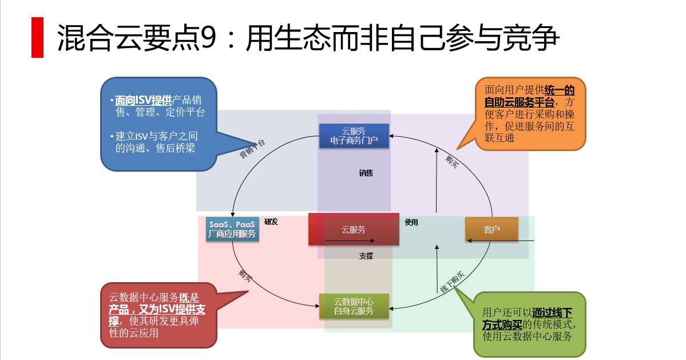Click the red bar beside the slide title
(37, 37)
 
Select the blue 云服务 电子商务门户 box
(354, 136)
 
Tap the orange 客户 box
(491, 230)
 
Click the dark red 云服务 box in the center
(354, 229)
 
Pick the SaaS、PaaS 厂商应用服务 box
(232, 229)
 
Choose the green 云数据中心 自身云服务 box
(354, 306)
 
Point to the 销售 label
(366, 173)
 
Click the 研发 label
(271, 221)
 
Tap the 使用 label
(411, 222)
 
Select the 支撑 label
(366, 256)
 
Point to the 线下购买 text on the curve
(452, 282)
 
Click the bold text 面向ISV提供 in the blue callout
(143, 100)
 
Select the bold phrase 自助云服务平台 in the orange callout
(519, 102)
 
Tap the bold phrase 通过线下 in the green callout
(552, 312)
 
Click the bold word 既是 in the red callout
(188, 297)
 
